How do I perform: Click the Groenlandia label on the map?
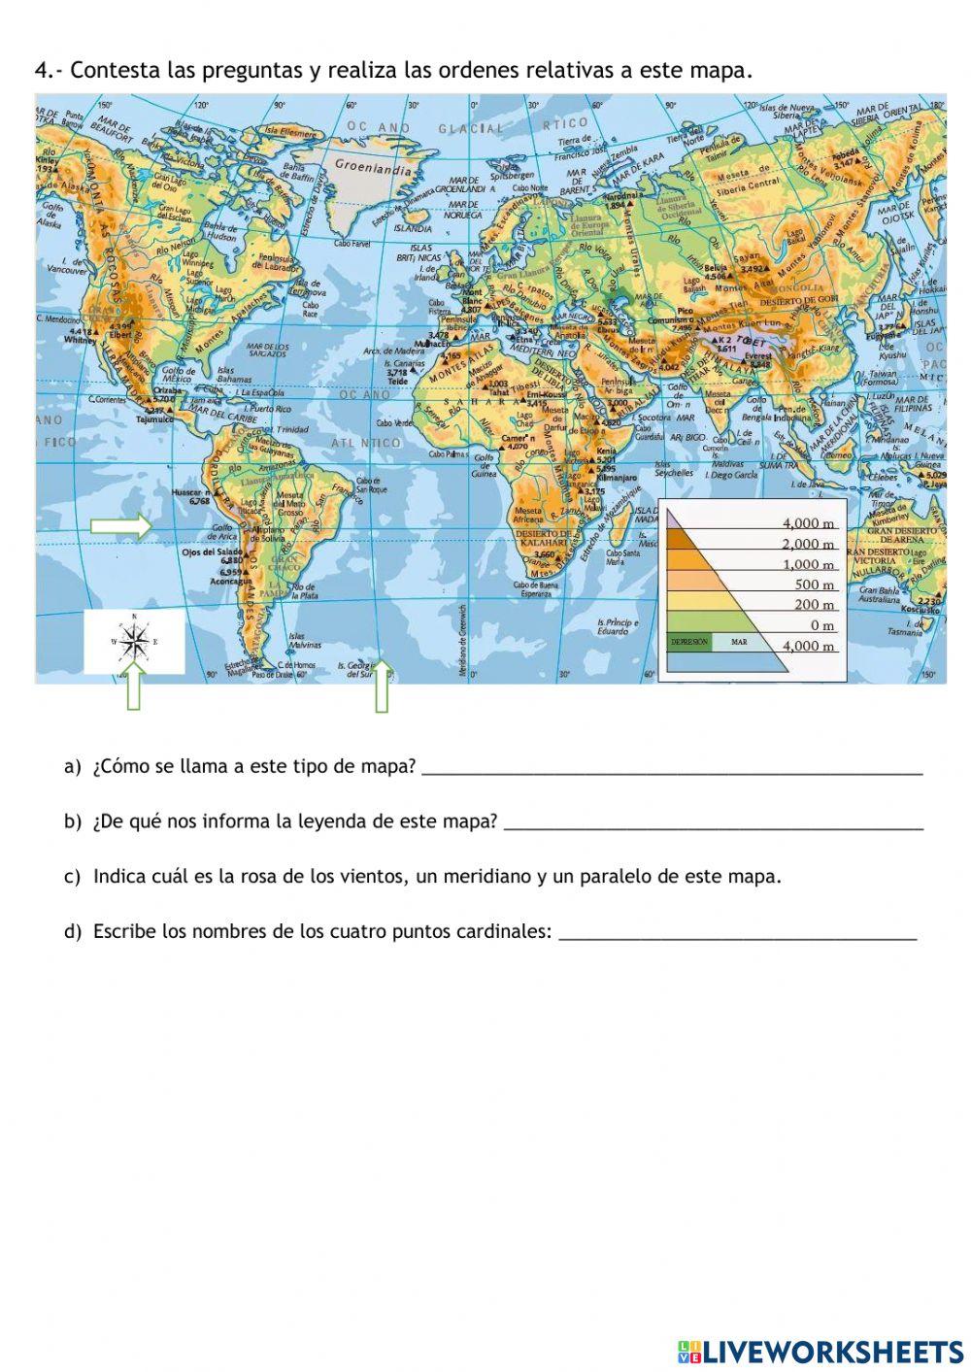(x=373, y=166)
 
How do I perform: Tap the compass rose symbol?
(x=134, y=642)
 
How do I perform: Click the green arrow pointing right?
(x=121, y=527)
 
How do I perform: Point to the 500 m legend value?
(x=815, y=585)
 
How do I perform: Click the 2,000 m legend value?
(x=808, y=544)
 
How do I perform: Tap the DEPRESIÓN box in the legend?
(x=689, y=642)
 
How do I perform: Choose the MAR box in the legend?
(x=740, y=642)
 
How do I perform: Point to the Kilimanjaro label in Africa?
(x=617, y=478)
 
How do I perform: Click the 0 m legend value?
(x=822, y=625)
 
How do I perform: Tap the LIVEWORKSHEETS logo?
(x=820, y=1351)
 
